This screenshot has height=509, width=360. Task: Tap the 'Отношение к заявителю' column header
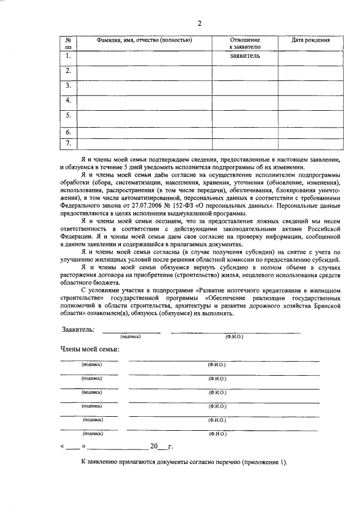(x=245, y=44)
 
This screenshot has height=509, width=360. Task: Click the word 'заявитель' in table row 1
(x=245, y=56)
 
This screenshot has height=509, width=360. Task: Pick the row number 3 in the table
(x=68, y=85)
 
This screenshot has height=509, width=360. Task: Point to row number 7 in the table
(x=68, y=143)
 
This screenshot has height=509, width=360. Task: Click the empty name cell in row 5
(x=145, y=118)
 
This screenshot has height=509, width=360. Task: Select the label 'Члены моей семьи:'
(x=89, y=349)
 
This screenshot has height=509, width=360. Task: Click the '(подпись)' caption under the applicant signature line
(x=130, y=336)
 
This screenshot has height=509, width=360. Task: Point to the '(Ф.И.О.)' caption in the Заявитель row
(x=234, y=336)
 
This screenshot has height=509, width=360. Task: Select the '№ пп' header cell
(x=68, y=44)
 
